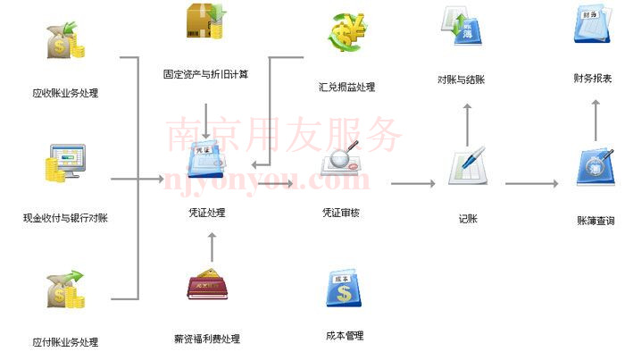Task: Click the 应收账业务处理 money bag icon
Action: click(x=66, y=41)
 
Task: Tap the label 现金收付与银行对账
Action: click(x=66, y=218)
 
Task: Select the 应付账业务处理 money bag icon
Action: click(x=66, y=289)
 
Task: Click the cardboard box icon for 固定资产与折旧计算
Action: click(x=206, y=21)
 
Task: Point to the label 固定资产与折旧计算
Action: click(x=205, y=74)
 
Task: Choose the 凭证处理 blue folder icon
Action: click(x=206, y=160)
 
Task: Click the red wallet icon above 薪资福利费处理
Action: click(x=207, y=284)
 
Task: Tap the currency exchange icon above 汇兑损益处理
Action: click(x=346, y=32)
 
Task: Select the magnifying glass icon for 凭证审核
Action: click(x=341, y=159)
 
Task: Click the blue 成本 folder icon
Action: click(x=344, y=289)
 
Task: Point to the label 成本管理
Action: click(x=345, y=336)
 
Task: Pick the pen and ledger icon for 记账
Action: click(x=468, y=165)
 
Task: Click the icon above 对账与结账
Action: click(x=462, y=26)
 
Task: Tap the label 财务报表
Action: click(x=593, y=79)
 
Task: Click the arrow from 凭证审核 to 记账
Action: click(x=412, y=183)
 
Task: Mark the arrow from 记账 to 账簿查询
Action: click(x=532, y=183)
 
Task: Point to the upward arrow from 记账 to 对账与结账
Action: click(x=468, y=125)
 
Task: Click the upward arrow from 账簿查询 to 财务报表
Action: click(x=596, y=120)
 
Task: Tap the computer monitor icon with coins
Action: click(x=66, y=163)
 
